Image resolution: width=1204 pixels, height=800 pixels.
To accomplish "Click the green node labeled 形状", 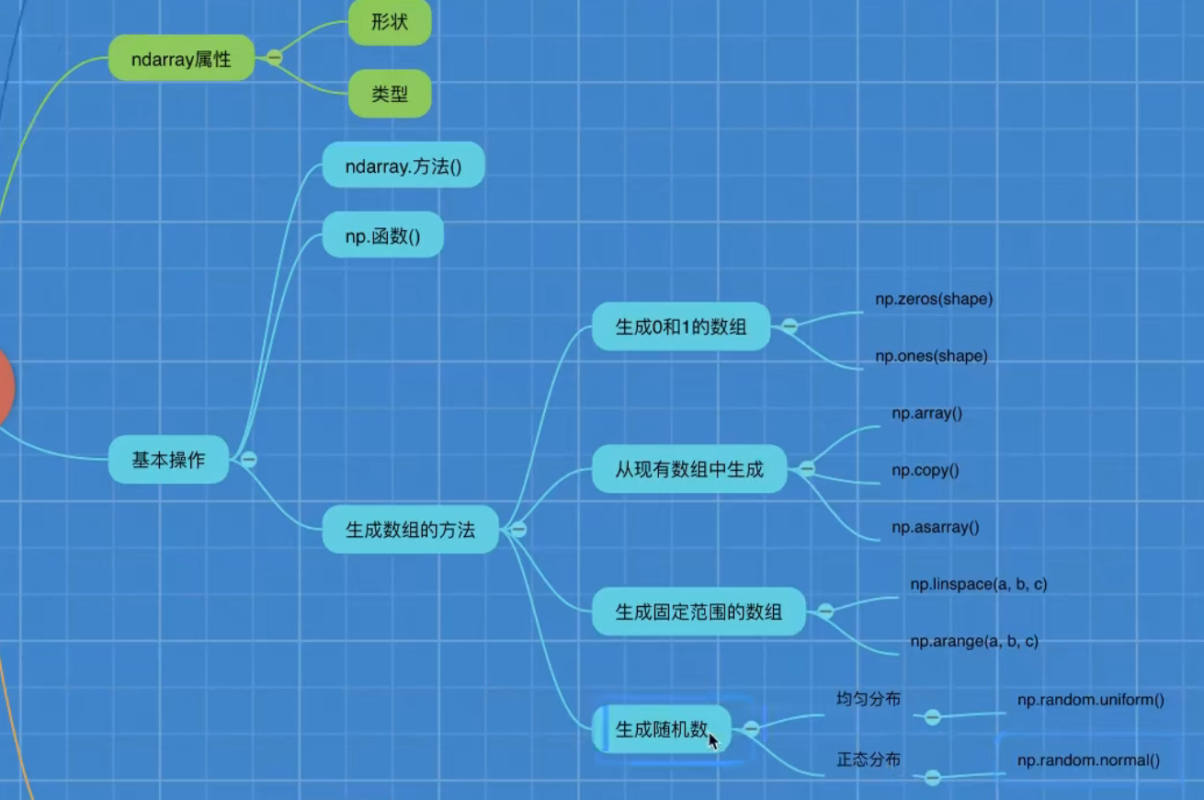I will pyautogui.click(x=390, y=22).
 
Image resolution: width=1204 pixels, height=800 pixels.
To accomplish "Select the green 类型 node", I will pyautogui.click(x=390, y=94).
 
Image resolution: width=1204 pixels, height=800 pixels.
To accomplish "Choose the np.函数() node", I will pyautogui.click(x=382, y=236).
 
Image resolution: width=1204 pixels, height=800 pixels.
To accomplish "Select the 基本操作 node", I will pyautogui.click(x=168, y=460).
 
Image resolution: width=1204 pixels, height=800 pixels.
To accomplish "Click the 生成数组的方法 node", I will pyautogui.click(x=410, y=530).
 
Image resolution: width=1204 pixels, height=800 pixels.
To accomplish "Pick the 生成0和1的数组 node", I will pyautogui.click(x=680, y=326).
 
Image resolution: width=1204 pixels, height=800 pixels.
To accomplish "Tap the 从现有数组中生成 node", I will pyautogui.click(x=689, y=469).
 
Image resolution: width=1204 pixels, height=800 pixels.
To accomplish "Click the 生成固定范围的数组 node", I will pyautogui.click(x=699, y=611).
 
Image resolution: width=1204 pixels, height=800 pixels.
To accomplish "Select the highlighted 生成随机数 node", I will pyautogui.click(x=662, y=730).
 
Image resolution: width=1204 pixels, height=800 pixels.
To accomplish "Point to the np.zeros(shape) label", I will pyautogui.click(x=934, y=299).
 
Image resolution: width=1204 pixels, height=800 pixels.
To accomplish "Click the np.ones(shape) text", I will pyautogui.click(x=931, y=356).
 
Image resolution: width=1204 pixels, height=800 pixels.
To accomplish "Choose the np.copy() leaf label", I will pyautogui.click(x=925, y=470).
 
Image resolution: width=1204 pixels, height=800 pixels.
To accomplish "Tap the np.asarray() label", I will pyautogui.click(x=935, y=527).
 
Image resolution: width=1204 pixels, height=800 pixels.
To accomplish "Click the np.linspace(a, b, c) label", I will pyautogui.click(x=978, y=584).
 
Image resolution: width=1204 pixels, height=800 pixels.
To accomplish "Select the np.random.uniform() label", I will pyautogui.click(x=1090, y=700).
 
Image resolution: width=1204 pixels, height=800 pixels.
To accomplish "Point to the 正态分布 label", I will pyautogui.click(x=868, y=760).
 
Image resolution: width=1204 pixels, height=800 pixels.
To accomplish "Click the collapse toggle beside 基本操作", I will pyautogui.click(x=248, y=460).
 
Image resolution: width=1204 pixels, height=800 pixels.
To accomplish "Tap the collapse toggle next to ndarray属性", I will pyautogui.click(x=274, y=58).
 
